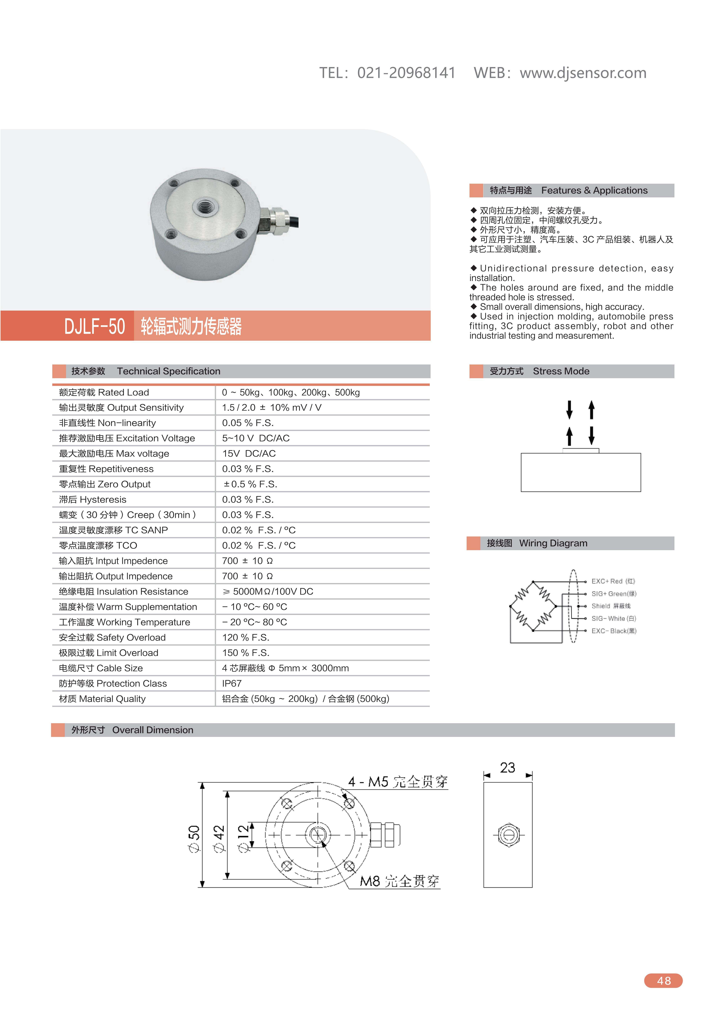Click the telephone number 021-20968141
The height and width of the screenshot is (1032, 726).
pyautogui.click(x=406, y=73)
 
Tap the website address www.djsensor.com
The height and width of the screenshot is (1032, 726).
pyautogui.click(x=583, y=73)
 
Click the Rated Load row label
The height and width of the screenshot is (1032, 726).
pyautogui.click(x=104, y=392)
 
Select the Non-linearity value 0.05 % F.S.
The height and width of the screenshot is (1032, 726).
pyautogui.click(x=248, y=423)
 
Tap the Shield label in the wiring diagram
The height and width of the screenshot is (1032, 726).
pyautogui.click(x=611, y=606)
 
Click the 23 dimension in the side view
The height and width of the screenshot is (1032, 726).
pyautogui.click(x=507, y=768)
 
